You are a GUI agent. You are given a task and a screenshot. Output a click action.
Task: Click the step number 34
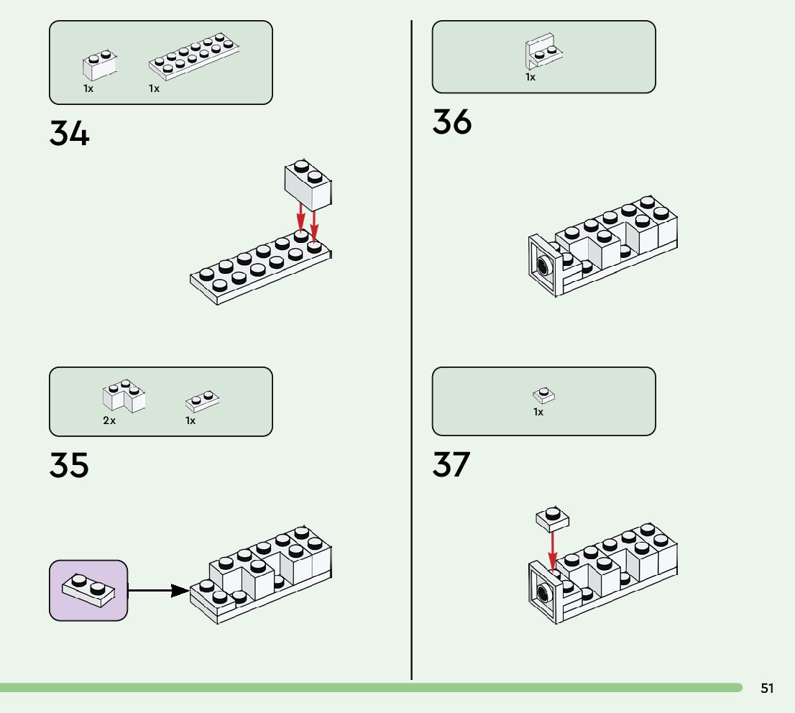[x=70, y=134]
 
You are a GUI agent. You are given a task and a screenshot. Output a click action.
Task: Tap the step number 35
[x=70, y=465]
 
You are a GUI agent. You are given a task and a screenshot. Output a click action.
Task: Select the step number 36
[x=452, y=121]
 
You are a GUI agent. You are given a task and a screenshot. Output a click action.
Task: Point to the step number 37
[x=451, y=465]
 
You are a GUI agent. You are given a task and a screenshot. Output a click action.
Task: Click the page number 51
[x=767, y=689]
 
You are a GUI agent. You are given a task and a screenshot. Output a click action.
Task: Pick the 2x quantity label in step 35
[x=109, y=420]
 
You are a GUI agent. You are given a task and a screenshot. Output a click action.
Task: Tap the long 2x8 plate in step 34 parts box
[x=194, y=57]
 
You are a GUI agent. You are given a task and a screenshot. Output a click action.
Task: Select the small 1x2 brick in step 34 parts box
[x=99, y=65]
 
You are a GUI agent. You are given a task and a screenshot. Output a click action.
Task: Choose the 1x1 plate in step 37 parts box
[x=544, y=395]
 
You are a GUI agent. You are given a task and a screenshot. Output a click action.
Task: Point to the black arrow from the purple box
[x=158, y=591]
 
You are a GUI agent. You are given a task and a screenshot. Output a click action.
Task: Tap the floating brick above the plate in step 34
[x=308, y=180]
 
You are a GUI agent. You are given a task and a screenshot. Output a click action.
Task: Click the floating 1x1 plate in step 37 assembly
[x=552, y=517]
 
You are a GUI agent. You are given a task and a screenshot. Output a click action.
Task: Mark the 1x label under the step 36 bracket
[x=530, y=77]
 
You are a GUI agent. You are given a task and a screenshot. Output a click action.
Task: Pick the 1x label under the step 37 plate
[x=538, y=413]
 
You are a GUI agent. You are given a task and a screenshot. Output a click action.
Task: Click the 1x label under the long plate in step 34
[x=154, y=89]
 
